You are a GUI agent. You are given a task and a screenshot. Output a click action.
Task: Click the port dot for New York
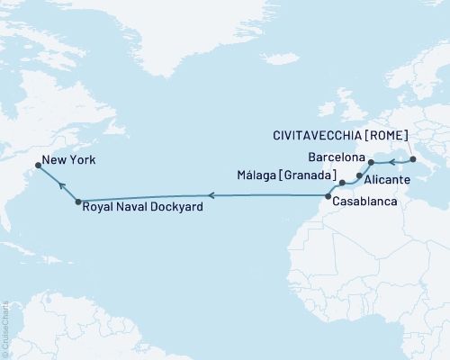[38, 165]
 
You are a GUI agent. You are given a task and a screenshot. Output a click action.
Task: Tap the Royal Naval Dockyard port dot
[78, 202]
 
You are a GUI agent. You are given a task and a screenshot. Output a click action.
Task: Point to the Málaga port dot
[342, 183]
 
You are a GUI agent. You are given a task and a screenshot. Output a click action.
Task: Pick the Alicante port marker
[359, 175]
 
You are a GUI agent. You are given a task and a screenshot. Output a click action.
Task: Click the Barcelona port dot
[371, 163]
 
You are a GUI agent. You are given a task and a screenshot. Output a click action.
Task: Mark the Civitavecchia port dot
[412, 159]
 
